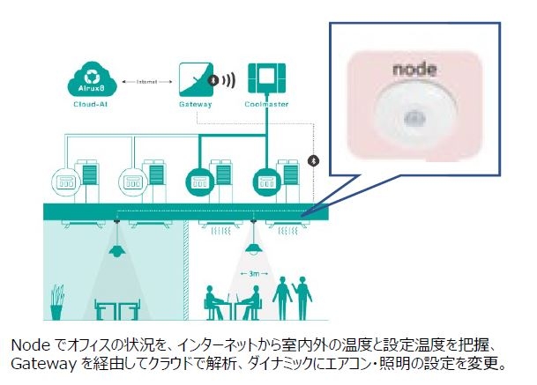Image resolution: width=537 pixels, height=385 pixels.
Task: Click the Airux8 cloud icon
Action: click(86, 81)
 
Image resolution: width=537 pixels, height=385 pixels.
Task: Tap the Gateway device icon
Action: click(196, 79)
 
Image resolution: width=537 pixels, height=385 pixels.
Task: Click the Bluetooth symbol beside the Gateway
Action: click(213, 79)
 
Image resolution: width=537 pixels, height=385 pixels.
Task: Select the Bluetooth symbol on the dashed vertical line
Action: click(311, 160)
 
